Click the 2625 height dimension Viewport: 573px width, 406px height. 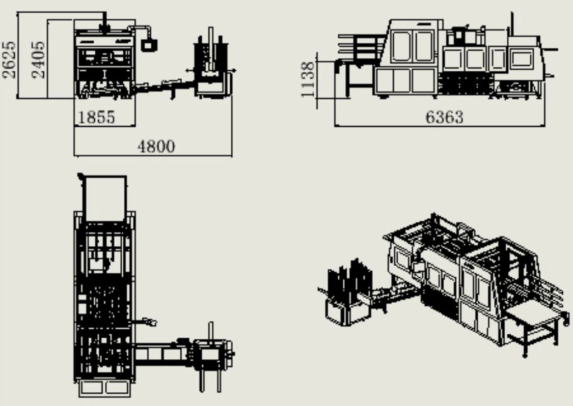pos(10,60)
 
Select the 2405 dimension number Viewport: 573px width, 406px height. pos(39,60)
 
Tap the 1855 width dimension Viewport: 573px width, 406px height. pos(96,117)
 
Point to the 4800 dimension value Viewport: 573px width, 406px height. pos(156,147)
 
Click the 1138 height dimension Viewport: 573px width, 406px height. pos(308,79)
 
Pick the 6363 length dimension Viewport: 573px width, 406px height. pos(444,117)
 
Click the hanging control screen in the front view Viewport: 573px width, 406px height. pos(149,45)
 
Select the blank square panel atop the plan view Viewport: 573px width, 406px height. pos(104,198)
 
